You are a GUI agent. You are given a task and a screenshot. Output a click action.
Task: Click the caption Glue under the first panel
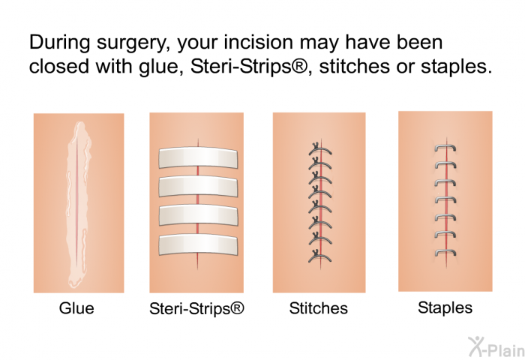[76, 308]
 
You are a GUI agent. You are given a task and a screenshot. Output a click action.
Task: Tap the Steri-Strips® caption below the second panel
[196, 308]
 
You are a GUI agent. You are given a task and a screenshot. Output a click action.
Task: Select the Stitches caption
[319, 308]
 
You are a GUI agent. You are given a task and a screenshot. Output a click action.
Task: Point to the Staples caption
[445, 307]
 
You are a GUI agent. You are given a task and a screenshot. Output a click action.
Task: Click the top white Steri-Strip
[198, 157]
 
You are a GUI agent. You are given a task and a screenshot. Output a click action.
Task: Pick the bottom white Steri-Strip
[198, 244]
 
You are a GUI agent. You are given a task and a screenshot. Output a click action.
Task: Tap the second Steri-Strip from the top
[198, 186]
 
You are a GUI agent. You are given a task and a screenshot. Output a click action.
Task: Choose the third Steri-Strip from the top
[198, 215]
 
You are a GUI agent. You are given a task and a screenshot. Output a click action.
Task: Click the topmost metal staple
[445, 146]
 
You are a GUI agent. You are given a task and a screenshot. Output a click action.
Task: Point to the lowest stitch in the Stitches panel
[319, 256]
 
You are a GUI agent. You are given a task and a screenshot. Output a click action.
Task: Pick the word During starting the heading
[59, 42]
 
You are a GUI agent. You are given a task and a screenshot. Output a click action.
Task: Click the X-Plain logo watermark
[496, 347]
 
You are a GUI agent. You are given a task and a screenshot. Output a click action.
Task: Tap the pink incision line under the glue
[77, 201]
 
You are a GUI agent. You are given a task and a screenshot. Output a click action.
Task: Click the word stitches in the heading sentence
[355, 66]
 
